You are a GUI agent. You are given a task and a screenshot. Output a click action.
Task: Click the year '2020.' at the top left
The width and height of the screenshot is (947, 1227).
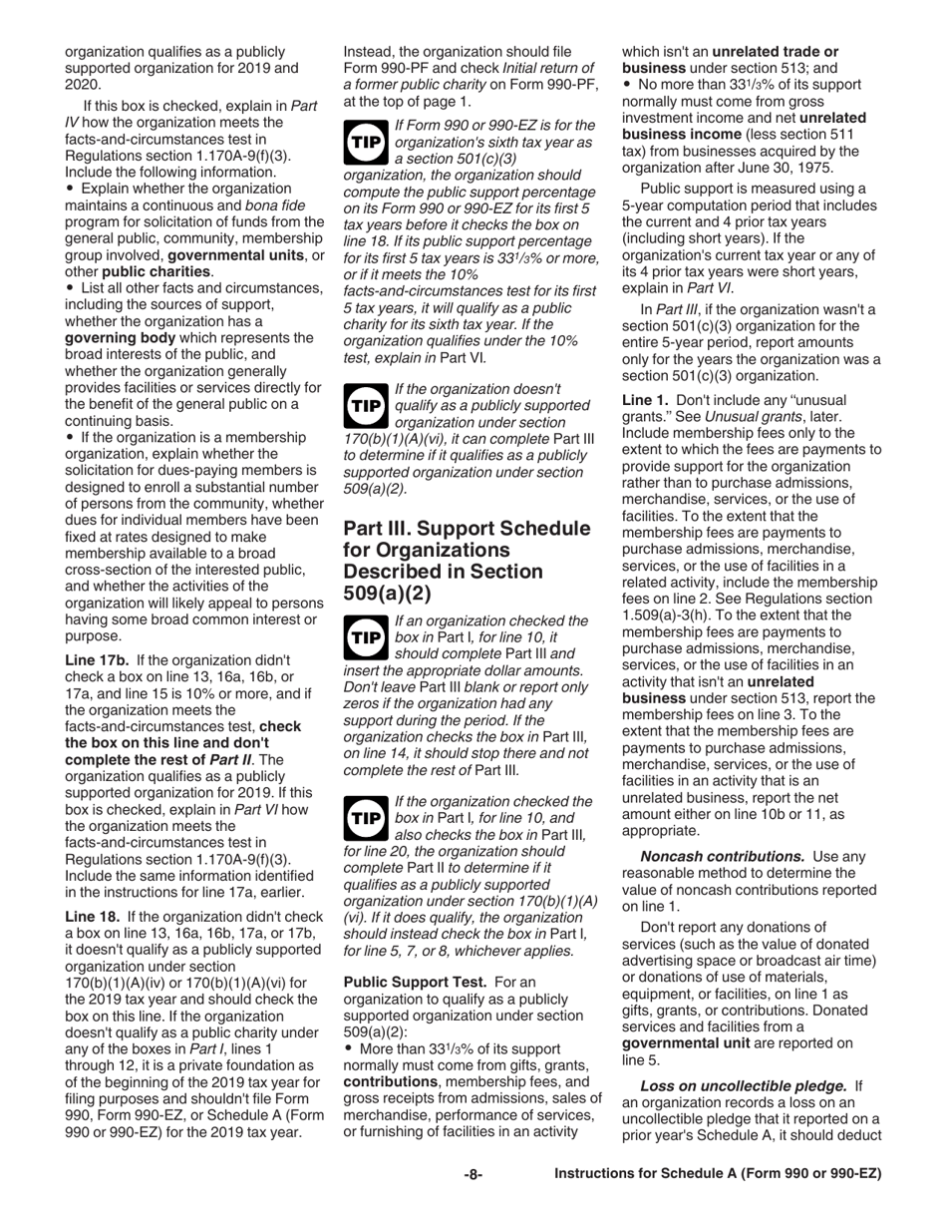84,85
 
